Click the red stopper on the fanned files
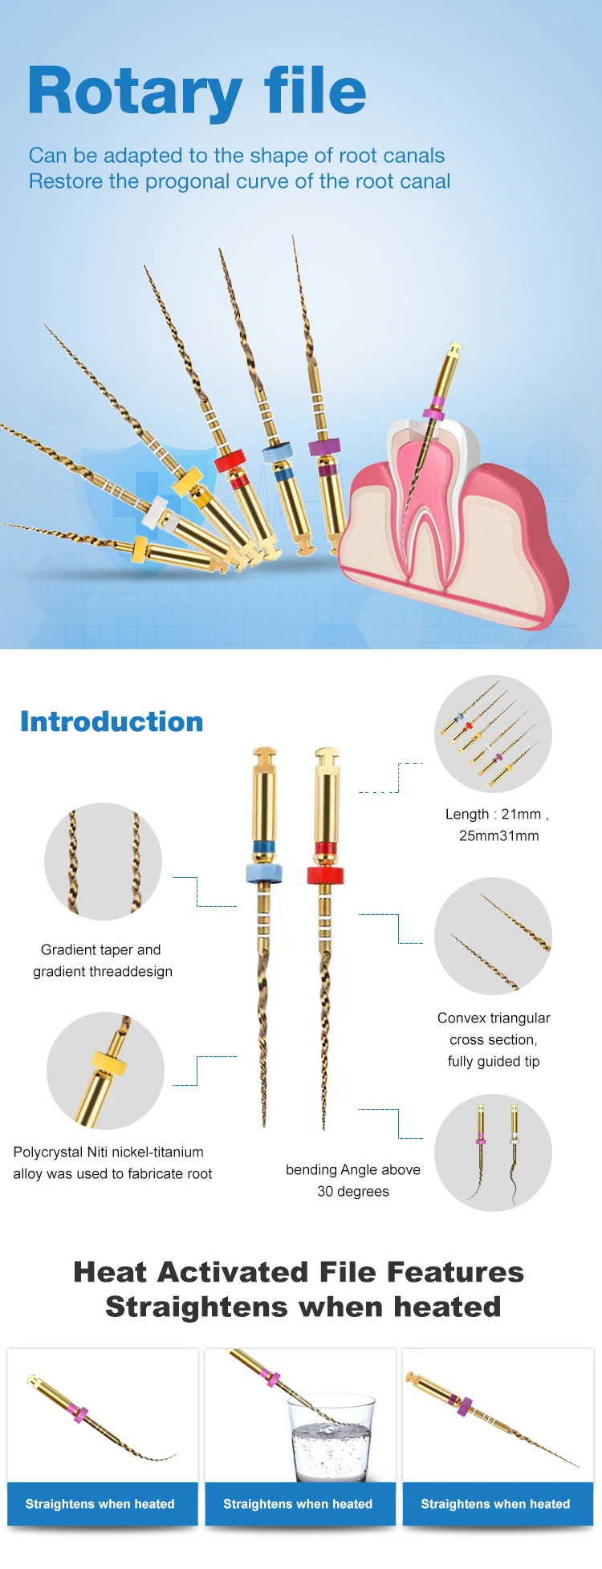[229, 463]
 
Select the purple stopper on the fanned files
[324, 447]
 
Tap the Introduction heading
[112, 721]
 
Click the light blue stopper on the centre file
[265, 873]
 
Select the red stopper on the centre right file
[325, 875]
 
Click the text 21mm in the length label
[521, 814]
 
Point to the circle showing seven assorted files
[493, 734]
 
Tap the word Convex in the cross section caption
[462, 1018]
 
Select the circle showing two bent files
[493, 1152]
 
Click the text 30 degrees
[352, 1191]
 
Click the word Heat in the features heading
[110, 1272]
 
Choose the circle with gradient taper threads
[103, 861]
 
